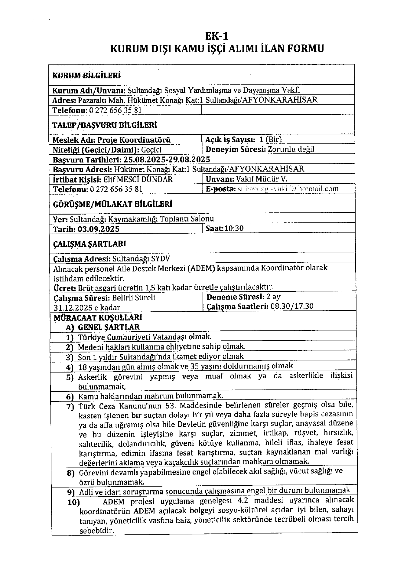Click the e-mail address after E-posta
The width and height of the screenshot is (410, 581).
288,189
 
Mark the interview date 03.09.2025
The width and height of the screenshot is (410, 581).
99,229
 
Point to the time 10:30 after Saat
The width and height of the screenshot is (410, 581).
234,228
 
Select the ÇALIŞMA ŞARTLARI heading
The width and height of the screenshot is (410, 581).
85,244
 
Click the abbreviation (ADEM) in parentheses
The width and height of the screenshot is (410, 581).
200,268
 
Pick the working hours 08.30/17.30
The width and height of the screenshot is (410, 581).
292,306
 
